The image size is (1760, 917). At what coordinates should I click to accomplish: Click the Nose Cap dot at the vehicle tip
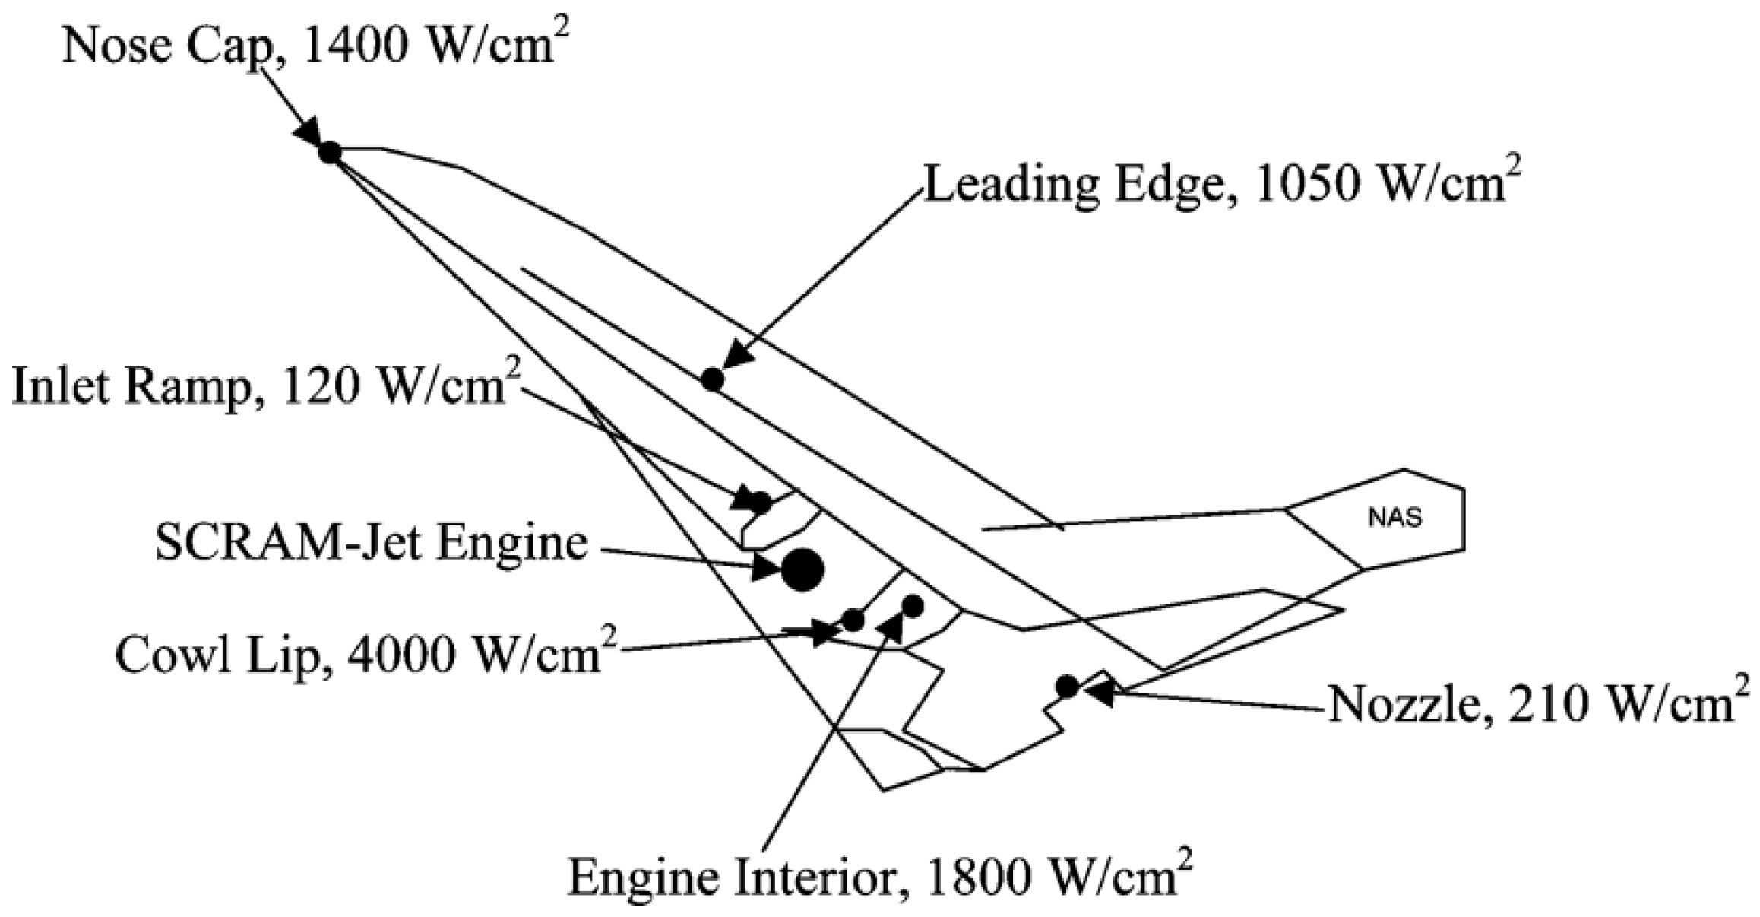click(x=329, y=152)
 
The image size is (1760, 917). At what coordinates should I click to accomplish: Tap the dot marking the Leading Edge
click(x=712, y=379)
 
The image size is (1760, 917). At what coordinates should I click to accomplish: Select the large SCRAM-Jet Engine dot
click(x=802, y=569)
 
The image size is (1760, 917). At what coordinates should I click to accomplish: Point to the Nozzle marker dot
click(x=1067, y=687)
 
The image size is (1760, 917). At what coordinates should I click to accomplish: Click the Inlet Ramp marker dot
click(x=760, y=502)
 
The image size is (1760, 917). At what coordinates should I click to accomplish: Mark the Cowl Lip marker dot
click(x=853, y=620)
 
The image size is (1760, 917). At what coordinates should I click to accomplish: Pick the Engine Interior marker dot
click(x=912, y=606)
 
